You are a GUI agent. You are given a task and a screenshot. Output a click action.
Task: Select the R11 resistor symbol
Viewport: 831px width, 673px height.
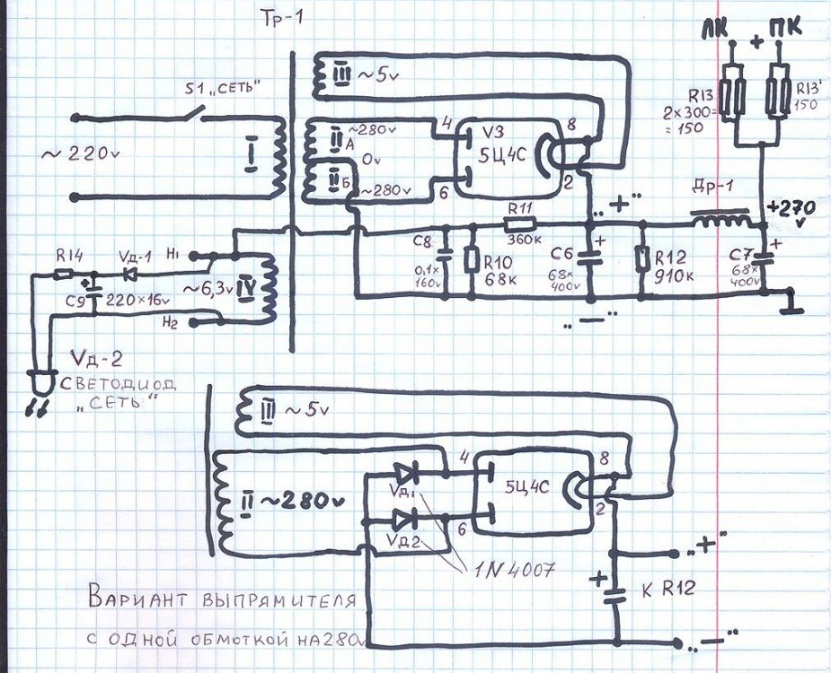519,223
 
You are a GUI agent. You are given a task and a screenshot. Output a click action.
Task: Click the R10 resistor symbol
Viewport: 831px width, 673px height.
471,259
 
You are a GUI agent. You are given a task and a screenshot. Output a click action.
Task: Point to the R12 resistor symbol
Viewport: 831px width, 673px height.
641,258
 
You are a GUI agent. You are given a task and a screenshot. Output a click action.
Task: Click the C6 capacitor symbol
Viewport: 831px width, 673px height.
590,258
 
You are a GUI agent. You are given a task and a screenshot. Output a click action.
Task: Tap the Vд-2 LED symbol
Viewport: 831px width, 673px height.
38,381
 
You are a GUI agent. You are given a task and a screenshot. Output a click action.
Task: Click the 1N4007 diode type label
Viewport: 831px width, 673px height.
513,568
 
